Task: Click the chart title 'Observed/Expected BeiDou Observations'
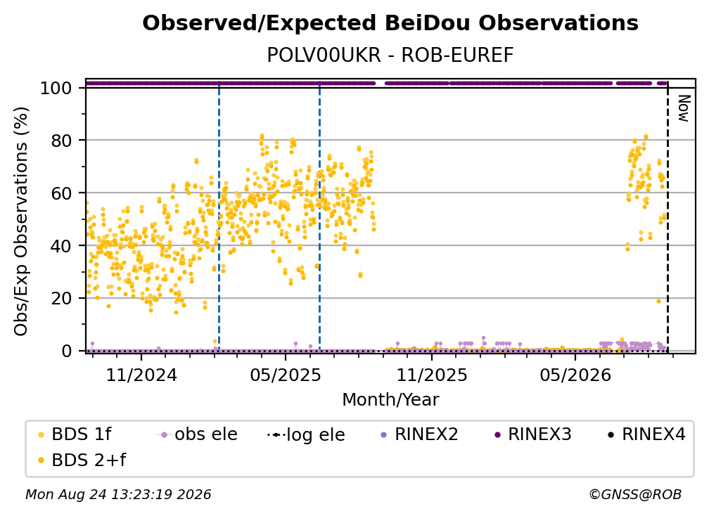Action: [390, 23]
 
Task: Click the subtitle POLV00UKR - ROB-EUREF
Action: [390, 56]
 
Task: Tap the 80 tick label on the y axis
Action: [61, 141]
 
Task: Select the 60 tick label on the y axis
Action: [61, 193]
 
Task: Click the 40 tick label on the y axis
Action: [61, 246]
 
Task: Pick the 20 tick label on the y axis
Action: [61, 299]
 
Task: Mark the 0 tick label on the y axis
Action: [67, 351]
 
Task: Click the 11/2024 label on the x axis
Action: [141, 375]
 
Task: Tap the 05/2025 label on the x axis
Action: [286, 375]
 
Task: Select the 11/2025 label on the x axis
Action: [432, 375]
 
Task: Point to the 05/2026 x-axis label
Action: [575, 375]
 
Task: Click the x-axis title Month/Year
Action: [390, 399]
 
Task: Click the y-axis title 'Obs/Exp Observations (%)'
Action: [21, 221]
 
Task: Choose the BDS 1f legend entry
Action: [75, 434]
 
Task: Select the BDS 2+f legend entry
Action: [82, 460]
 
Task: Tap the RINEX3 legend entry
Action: [534, 434]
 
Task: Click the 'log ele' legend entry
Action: [307, 434]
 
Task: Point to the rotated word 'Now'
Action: [684, 108]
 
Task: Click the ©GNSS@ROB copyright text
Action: [635, 495]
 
